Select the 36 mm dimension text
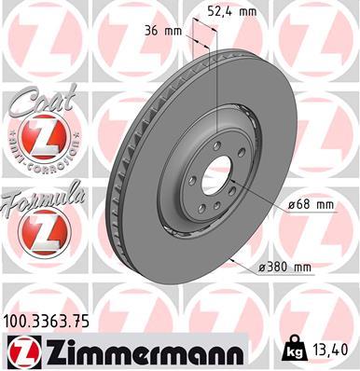coord(159,31)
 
